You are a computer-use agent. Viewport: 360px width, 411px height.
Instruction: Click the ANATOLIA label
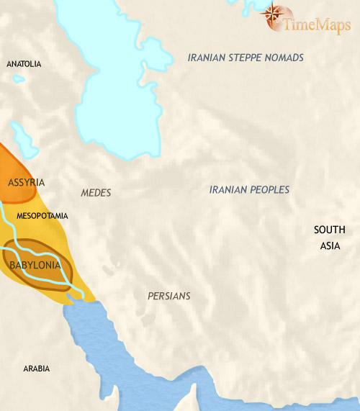click(24, 64)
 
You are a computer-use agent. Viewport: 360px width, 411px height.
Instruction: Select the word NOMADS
click(284, 58)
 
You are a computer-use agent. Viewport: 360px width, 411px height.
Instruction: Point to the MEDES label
click(96, 193)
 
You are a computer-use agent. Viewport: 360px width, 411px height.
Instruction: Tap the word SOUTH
click(330, 230)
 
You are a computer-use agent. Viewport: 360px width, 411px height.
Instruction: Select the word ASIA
click(330, 245)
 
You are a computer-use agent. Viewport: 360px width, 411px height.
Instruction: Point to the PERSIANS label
click(168, 296)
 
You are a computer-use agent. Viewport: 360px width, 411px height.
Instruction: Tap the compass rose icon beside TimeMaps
click(272, 14)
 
